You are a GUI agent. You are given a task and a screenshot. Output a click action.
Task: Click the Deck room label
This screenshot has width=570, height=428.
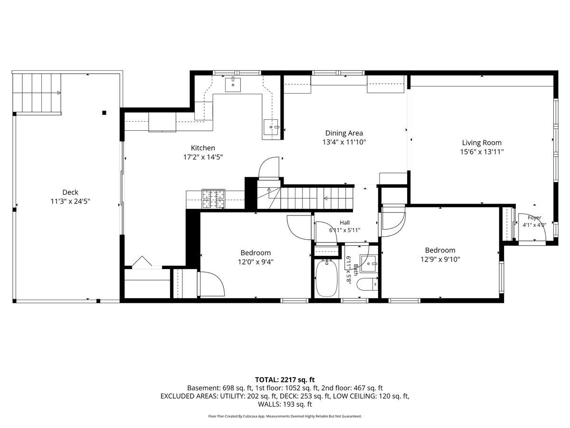(70, 192)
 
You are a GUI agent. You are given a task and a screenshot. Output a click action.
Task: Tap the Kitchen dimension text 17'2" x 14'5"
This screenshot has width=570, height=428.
(203, 157)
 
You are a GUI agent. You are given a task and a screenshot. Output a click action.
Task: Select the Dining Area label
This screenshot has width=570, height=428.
(344, 133)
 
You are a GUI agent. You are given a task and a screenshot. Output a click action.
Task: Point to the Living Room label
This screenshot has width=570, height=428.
(482, 143)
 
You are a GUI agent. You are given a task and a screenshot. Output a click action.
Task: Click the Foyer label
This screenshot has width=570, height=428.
(534, 217)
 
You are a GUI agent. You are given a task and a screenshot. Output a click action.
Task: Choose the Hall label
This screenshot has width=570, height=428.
(344, 223)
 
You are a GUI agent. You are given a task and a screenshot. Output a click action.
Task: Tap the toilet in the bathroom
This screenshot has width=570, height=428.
(367, 284)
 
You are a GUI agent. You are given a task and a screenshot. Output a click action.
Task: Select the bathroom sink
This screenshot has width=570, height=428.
(369, 263)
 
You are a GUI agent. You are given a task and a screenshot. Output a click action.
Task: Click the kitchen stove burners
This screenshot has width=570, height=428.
(213, 199)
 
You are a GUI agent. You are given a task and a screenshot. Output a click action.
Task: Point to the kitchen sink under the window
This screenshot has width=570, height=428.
(233, 85)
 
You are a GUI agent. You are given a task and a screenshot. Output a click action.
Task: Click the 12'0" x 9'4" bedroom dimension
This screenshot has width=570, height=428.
(256, 262)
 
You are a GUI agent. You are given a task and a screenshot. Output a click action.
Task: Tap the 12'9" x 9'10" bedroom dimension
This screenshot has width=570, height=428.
(440, 259)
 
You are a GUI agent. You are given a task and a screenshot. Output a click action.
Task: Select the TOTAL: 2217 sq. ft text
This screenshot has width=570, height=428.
(285, 379)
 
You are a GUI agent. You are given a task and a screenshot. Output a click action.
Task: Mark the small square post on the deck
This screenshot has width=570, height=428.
(104, 113)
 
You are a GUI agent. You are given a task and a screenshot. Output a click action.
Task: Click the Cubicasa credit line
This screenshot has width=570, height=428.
(285, 416)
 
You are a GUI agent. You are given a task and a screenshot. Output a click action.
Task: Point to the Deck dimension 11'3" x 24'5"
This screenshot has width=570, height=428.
(70, 201)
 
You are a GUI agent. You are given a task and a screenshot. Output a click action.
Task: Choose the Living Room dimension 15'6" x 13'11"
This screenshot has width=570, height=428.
(482, 152)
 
